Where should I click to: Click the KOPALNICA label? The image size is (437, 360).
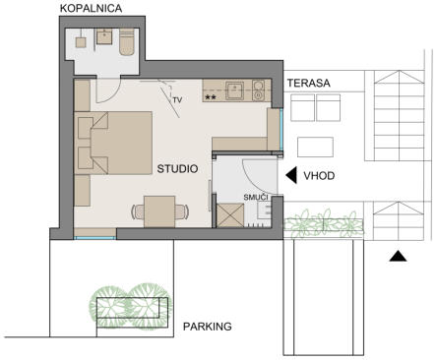coord(91,8)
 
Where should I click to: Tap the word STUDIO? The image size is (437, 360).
coord(177,169)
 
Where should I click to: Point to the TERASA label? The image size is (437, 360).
coord(309,83)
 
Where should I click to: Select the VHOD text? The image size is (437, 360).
coord(319,176)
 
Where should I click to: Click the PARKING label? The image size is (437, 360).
coord(208,327)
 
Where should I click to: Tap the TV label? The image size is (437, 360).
coord(177,100)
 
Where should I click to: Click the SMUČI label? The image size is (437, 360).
coord(256,198)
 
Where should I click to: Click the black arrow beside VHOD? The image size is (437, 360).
coord(291,175)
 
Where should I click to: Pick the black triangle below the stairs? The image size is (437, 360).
coord(398,256)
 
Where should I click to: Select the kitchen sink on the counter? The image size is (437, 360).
coord(234,90)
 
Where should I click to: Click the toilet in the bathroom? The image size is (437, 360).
coord(127,41)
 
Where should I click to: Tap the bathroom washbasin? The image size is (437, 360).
coord(105,36)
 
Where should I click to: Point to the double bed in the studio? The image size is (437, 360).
coord(113,143)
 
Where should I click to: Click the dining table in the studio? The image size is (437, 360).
coord(159,211)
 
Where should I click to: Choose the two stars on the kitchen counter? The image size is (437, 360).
coord(211,97)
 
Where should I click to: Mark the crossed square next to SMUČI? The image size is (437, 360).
coord(230,215)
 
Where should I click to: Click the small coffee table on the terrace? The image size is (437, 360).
coord(315,148)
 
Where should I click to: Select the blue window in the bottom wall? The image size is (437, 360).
coord(95,238)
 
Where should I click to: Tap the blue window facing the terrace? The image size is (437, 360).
coord(281,130)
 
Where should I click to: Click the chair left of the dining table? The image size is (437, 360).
coord(138,211)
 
